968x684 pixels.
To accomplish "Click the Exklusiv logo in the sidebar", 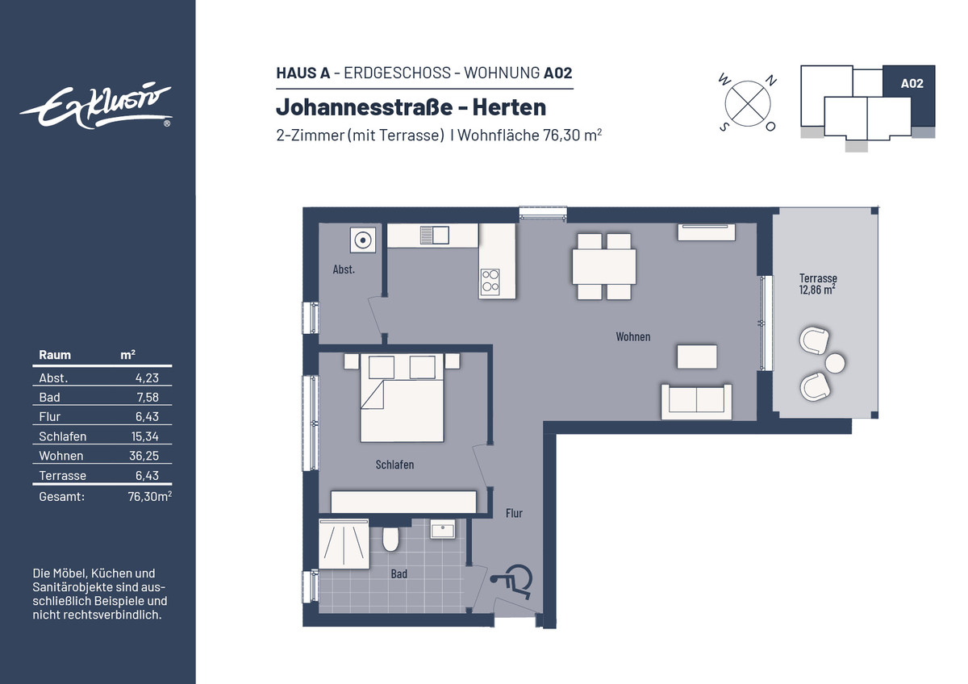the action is (96, 106).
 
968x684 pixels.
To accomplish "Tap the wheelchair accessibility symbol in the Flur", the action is (512, 582).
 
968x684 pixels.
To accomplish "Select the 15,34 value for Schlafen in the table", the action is (144, 436).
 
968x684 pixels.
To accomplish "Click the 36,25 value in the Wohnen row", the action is (144, 456).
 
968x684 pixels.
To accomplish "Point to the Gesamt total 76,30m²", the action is (149, 496).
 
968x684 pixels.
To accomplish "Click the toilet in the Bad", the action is (390, 539).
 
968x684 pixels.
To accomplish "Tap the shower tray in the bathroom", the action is (344, 544).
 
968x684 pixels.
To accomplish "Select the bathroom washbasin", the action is (443, 529).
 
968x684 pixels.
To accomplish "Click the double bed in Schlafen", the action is (402, 398).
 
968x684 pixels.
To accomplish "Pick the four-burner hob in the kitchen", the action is (490, 281).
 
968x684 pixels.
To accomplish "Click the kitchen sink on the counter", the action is (434, 236).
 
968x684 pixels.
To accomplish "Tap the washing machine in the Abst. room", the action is (362, 240).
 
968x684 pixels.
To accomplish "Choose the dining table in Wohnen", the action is (603, 267).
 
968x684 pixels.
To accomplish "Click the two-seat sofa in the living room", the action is (696, 402).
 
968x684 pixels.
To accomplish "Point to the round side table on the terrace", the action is (834, 363).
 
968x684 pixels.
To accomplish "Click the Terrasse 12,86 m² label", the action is (818, 284).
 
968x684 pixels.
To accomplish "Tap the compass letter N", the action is (771, 80).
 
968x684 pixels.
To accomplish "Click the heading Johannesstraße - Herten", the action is (411, 106).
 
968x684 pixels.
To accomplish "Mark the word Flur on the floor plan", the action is (514, 513).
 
